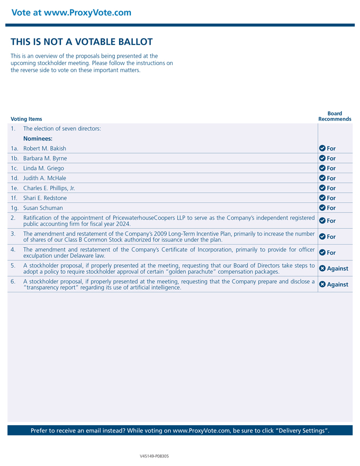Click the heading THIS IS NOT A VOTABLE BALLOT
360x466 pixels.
click(x=82, y=42)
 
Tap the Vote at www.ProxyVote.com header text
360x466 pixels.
click(x=71, y=12)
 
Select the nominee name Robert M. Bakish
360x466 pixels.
click(x=44, y=148)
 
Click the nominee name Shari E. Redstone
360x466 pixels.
click(x=45, y=198)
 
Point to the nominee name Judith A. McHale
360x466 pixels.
click(x=44, y=178)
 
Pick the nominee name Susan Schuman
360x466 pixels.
click(x=43, y=208)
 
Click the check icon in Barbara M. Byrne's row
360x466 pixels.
click(x=322, y=158)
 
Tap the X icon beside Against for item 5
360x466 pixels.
click(x=322, y=268)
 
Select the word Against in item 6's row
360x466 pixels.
click(x=338, y=285)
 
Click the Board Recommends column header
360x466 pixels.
click(x=335, y=116)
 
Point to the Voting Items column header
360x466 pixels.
click(x=26, y=119)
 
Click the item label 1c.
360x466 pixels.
click(x=15, y=168)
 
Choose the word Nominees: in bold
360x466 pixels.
click(x=38, y=138)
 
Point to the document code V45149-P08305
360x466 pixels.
click(x=154, y=455)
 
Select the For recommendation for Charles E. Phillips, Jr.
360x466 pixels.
click(x=331, y=188)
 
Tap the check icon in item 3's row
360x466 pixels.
click(x=322, y=237)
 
